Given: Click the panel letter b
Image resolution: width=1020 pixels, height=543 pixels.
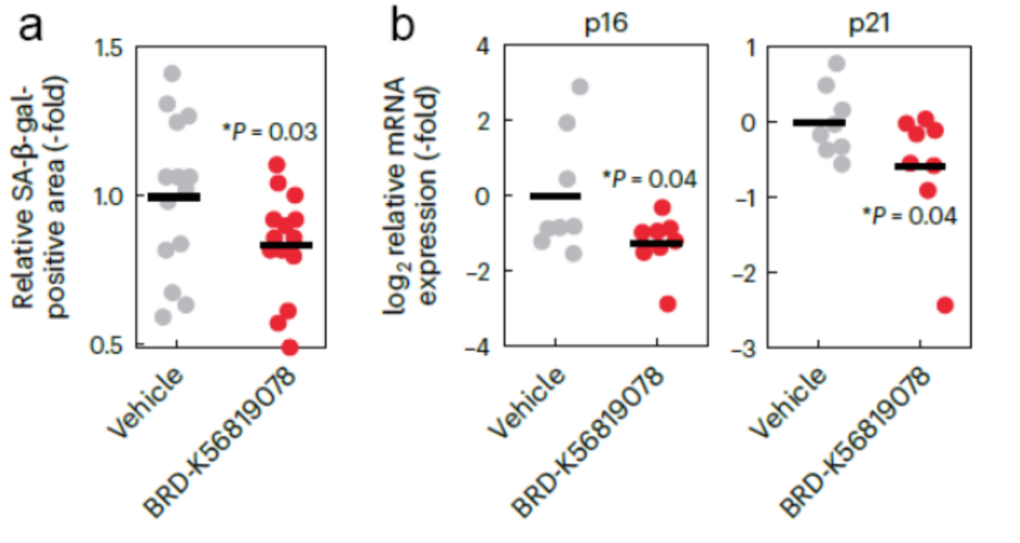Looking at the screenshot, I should (403, 25).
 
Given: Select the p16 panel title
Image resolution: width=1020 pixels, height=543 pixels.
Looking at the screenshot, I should (607, 19).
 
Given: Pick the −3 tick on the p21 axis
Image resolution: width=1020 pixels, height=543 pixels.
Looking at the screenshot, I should (748, 346).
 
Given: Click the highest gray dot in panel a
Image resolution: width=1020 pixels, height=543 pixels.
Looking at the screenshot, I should (171, 74).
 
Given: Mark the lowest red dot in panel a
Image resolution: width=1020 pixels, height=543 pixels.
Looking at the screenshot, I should (290, 347).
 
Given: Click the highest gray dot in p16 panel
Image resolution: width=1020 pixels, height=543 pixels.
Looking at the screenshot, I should (580, 87).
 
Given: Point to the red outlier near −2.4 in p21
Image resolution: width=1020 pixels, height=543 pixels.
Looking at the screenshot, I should (945, 304).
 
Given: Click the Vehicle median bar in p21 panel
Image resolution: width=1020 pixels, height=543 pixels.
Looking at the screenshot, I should (819, 123).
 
